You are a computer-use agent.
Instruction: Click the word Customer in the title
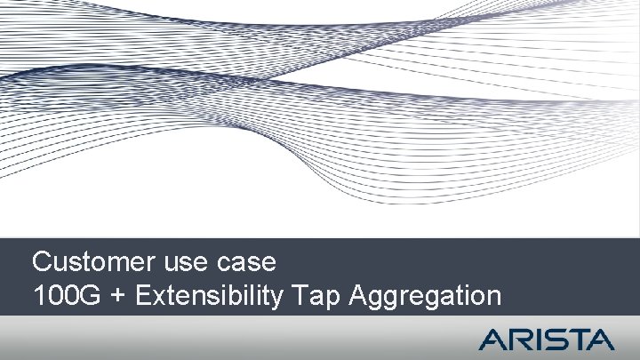coord(94,263)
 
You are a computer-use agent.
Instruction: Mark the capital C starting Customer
coord(41,263)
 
